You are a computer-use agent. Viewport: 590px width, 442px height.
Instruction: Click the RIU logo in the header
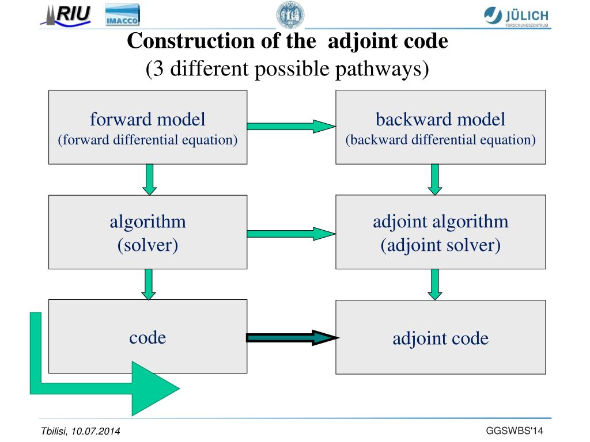66,15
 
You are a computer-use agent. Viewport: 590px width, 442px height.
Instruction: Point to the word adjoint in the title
361,41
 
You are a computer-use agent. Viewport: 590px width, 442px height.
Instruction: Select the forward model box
147,127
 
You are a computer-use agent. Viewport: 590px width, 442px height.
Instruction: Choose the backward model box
440,127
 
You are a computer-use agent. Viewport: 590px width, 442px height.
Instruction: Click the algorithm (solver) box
147,232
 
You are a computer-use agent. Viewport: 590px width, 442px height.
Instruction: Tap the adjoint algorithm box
440,232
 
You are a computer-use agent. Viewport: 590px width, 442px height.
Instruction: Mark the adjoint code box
440,337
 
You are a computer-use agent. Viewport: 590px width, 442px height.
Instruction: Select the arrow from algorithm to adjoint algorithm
291,233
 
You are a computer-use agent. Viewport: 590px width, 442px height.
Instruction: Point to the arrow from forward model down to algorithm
149,179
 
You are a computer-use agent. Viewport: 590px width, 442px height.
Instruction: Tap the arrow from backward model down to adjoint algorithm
435,179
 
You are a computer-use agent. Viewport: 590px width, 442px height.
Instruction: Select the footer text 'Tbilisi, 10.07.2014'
81,432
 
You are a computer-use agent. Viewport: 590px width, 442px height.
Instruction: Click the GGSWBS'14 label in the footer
515,431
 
